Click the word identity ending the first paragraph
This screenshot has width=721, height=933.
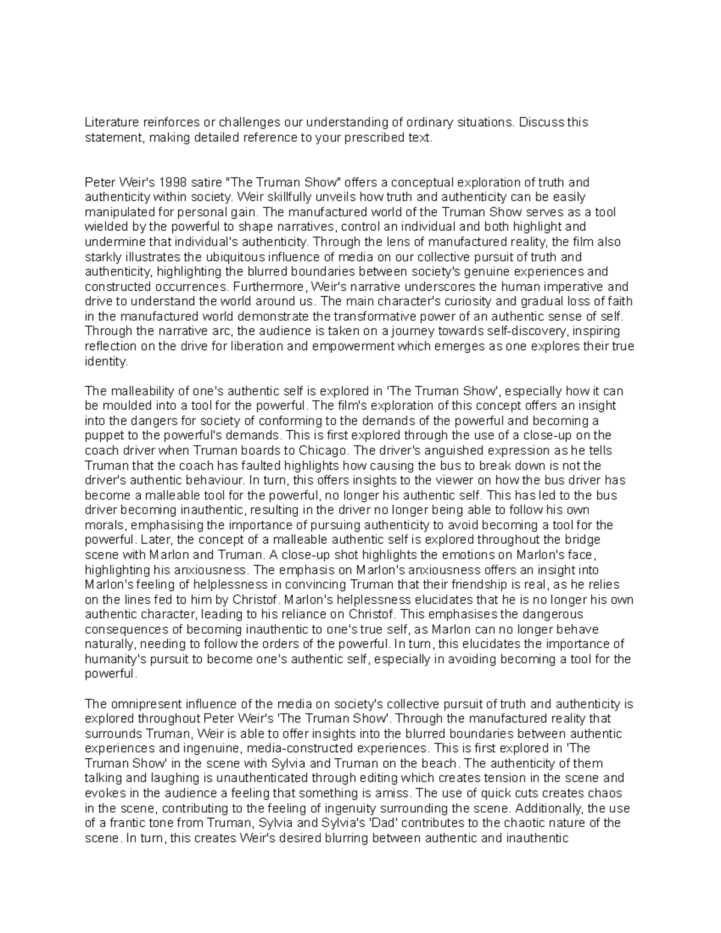tap(105, 362)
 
